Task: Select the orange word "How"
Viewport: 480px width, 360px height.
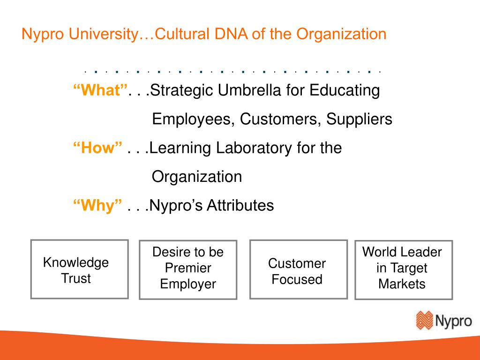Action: coord(97,148)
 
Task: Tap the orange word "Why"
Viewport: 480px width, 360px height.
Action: coord(97,205)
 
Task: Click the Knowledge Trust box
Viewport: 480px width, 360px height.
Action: coord(79,269)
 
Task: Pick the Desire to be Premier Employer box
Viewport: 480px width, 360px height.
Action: coord(188,269)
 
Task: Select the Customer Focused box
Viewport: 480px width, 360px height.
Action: coord(298,269)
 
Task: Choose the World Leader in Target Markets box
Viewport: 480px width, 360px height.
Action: coord(404,269)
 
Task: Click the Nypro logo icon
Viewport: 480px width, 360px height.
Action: coord(425,321)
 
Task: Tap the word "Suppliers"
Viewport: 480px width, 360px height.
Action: coord(360,120)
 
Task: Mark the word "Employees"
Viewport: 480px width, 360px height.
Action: coord(194,120)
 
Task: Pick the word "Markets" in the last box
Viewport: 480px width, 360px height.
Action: coord(402,284)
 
